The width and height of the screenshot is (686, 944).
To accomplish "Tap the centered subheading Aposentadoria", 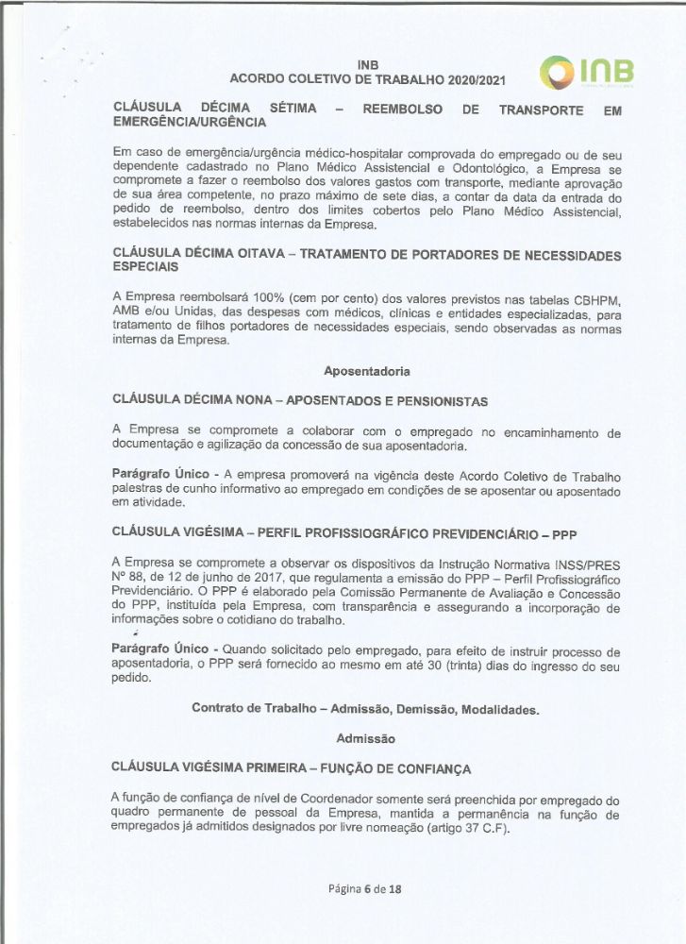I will [366, 371].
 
